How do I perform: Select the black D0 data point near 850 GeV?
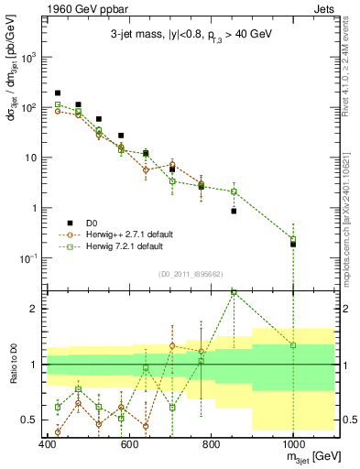(234, 211)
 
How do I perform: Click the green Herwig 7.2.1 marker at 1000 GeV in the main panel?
(293, 239)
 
